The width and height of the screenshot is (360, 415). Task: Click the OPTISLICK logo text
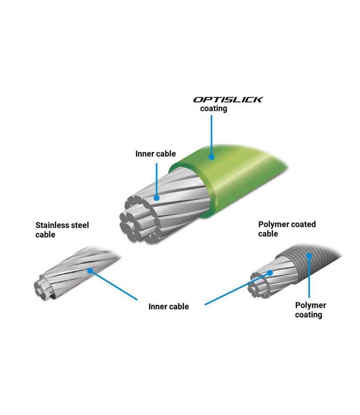click(228, 100)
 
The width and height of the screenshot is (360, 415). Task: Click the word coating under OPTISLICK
click(214, 109)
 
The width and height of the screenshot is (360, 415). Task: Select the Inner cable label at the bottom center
click(168, 306)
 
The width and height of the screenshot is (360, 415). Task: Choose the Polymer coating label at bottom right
click(310, 310)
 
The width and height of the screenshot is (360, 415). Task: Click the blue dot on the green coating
click(211, 157)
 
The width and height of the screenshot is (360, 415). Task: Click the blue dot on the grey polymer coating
click(310, 257)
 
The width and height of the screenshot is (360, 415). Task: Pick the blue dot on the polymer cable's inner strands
click(271, 273)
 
